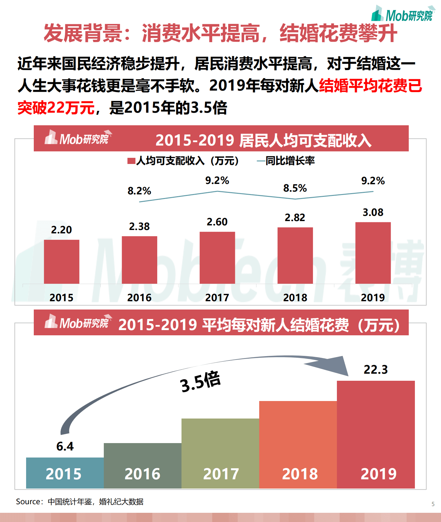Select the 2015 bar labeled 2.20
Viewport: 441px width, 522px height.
61,262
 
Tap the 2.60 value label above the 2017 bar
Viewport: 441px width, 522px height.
217,222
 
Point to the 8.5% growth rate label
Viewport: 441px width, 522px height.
295,188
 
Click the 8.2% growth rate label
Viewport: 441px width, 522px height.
139,191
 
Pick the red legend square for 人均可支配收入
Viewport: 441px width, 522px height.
131,161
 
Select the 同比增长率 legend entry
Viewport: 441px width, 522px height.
286,161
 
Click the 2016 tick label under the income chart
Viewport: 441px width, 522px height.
139,297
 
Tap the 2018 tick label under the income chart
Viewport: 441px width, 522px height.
295,297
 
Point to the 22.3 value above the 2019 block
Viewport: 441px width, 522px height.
375,369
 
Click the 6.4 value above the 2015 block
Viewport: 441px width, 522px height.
65,446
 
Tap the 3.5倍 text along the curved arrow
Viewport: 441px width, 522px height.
200,382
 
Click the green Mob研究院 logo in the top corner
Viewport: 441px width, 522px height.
402,14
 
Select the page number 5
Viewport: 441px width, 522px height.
433,504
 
